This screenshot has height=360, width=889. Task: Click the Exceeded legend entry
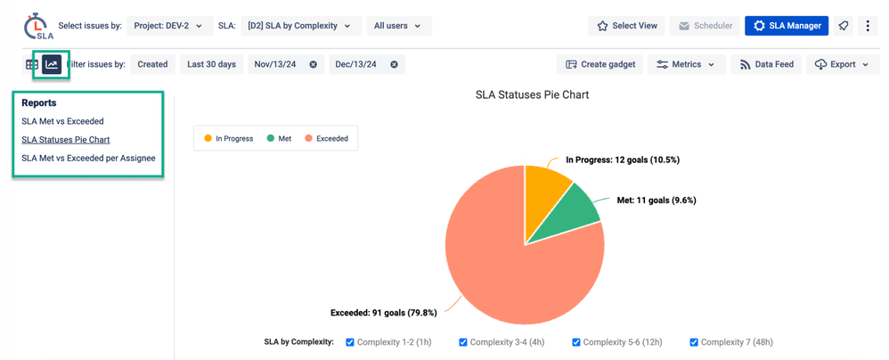[x=326, y=139]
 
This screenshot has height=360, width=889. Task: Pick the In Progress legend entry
[x=228, y=139]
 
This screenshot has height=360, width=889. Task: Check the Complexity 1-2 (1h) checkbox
[x=350, y=342]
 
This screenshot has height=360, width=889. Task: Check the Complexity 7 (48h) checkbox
[x=694, y=342]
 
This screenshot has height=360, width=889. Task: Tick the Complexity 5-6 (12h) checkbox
[x=576, y=342]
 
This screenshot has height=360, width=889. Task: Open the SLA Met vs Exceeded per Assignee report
[x=88, y=159]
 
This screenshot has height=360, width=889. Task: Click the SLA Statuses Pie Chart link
[x=66, y=140]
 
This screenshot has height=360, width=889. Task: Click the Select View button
[x=626, y=26]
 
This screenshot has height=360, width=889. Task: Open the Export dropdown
[x=841, y=65]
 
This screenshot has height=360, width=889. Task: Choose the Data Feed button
[x=766, y=65]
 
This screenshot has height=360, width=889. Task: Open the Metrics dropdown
[x=685, y=65]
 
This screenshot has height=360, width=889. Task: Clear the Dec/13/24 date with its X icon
[x=394, y=65]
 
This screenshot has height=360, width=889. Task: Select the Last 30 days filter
[x=211, y=65]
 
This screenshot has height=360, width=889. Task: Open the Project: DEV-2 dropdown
[x=168, y=26]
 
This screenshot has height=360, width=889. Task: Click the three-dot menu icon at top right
[x=868, y=26]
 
